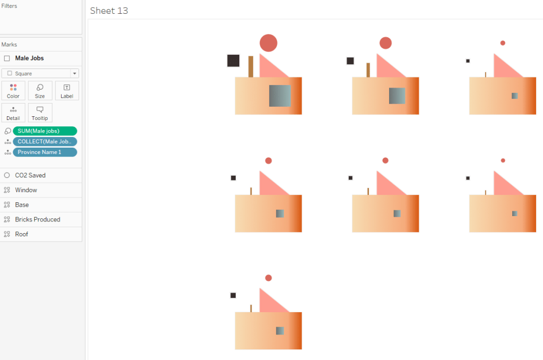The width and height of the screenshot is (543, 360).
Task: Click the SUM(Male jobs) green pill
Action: [x=45, y=131]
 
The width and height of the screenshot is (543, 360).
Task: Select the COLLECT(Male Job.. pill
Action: [x=45, y=142]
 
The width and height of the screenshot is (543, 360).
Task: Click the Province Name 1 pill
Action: [x=45, y=152]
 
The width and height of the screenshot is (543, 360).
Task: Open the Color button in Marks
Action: [x=13, y=91]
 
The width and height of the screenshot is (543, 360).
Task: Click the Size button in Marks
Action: [x=40, y=91]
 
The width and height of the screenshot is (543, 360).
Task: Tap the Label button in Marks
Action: [x=67, y=91]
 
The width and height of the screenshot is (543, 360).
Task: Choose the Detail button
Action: [x=13, y=113]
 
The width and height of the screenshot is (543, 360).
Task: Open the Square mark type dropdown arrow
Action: [x=74, y=73]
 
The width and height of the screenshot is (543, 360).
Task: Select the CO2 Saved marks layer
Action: [x=30, y=175]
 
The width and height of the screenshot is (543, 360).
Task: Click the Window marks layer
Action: [x=26, y=190]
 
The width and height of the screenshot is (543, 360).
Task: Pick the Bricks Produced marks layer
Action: [x=37, y=220]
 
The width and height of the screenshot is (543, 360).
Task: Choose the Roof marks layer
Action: [x=21, y=234]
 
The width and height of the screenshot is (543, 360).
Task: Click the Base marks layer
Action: [x=22, y=205]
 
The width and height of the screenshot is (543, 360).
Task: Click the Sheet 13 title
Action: [x=109, y=11]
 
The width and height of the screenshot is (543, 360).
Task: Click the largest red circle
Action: [x=269, y=43]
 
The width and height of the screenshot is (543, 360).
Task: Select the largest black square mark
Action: [x=234, y=61]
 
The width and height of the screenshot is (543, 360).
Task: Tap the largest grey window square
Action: [x=280, y=96]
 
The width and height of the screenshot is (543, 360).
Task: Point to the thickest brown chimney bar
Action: [x=251, y=66]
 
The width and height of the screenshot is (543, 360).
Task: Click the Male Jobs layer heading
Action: [x=29, y=58]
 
